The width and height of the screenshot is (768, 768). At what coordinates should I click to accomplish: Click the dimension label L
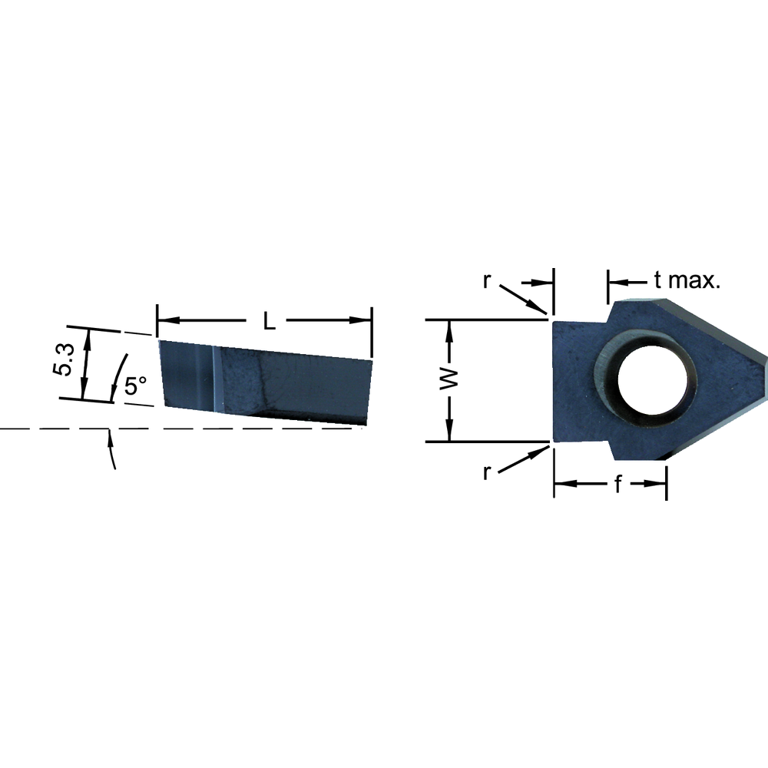click(x=268, y=321)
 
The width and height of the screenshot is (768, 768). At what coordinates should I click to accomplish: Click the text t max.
click(x=687, y=280)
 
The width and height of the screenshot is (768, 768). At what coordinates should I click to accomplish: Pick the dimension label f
click(x=617, y=485)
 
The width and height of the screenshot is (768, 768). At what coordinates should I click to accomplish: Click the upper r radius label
click(x=486, y=280)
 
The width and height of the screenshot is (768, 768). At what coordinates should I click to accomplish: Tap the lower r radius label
click(x=486, y=472)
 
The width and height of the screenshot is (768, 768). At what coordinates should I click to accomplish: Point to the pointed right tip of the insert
click(x=765, y=358)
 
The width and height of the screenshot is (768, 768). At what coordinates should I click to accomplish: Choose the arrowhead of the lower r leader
click(x=545, y=451)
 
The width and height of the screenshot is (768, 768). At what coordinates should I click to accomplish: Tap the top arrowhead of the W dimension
click(x=451, y=326)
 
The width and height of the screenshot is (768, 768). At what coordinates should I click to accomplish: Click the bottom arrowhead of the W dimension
click(x=451, y=435)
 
